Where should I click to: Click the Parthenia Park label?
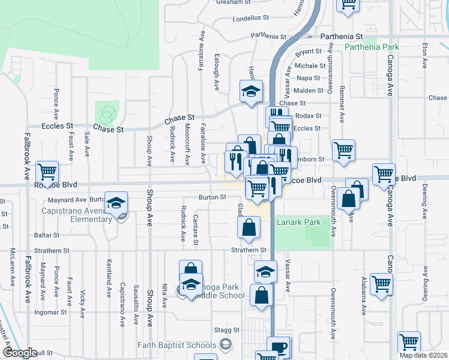pos(372,47)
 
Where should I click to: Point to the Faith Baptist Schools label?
pos(176,344)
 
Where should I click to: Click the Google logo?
pos(20,352)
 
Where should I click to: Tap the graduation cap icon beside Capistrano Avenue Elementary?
pos(116,202)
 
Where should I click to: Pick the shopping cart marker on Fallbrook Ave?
pos(47,172)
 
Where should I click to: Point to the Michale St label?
pos(310,66)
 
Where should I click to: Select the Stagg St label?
pos(228,330)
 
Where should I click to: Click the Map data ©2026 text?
pos(423,355)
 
